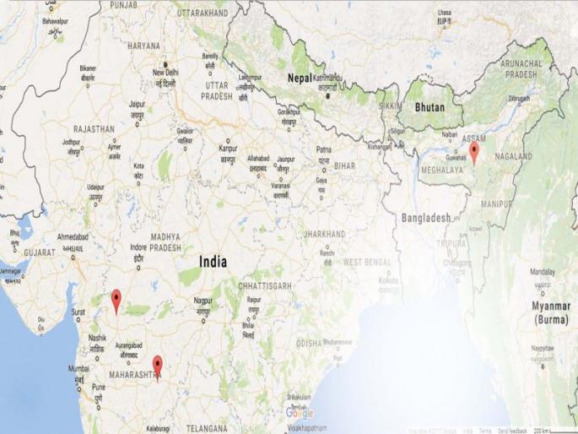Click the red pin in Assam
point(474,152)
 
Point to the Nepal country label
point(300,78)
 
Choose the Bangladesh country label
point(426,217)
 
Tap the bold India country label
point(212,263)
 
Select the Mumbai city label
point(78,368)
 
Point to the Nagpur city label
point(203,301)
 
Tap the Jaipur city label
point(137,103)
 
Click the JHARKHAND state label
point(324,233)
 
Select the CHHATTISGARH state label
point(264,286)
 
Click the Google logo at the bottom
point(299,413)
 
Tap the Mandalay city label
point(543,272)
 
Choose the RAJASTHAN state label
point(94,129)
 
